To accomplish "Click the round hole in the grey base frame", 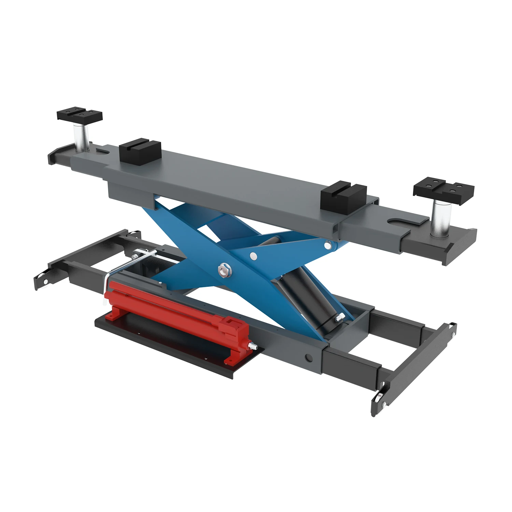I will (309, 358).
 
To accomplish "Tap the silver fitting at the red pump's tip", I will (254, 346).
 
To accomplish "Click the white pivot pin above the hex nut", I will (253, 256).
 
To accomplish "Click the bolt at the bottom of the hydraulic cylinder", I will (339, 317).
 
